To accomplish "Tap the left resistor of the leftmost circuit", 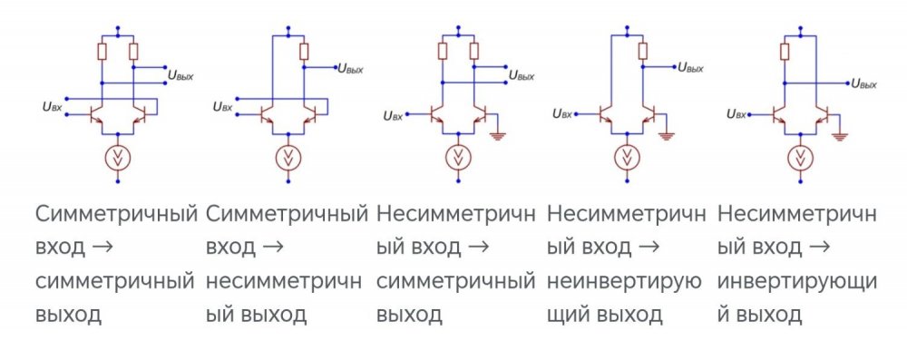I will coord(102,51).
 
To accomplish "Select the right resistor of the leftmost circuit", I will coord(133,51).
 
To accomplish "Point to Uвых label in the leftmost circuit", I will coord(180,76).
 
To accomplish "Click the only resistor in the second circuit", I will coord(304,51).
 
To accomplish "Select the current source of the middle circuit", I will coord(459,158).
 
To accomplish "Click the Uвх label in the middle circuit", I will coord(393,115).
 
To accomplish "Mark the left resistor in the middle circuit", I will coord(443,51).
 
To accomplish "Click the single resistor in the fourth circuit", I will coord(642,51).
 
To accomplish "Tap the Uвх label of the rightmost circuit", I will coord(736,115).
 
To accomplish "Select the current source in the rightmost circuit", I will coord(799,158).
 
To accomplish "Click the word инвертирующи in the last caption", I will coord(797,281).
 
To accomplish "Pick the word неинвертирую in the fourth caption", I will coord(625,281).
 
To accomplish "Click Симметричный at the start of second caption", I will coord(287,215).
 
